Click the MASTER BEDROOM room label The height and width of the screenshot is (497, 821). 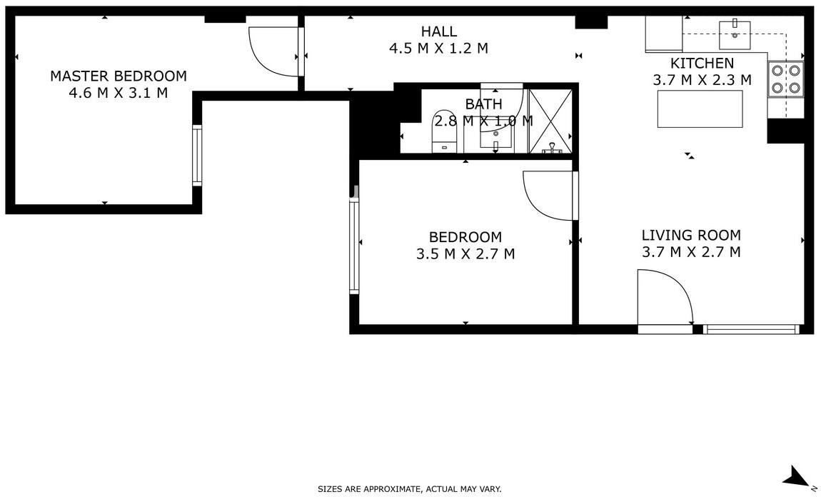tap(119, 76)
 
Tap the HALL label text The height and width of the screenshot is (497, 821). tap(439, 31)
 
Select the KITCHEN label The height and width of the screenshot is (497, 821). tap(702, 64)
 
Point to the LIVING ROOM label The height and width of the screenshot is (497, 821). tap(691, 235)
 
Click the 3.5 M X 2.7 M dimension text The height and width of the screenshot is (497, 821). tap(465, 254)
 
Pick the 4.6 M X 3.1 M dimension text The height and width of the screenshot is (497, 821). tap(119, 94)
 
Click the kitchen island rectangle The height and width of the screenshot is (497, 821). tap(700, 109)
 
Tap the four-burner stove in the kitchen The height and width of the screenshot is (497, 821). tap(786, 79)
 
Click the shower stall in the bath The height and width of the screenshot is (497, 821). tap(550, 121)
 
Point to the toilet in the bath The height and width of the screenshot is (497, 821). tap(445, 132)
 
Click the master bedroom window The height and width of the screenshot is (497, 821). tap(197, 155)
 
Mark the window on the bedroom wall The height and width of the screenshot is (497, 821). tap(355, 246)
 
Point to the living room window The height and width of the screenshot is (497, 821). tap(751, 329)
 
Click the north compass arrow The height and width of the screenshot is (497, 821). tap(797, 476)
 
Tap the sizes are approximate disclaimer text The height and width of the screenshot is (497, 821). tap(410, 489)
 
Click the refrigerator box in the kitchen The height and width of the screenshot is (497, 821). tap(664, 34)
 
